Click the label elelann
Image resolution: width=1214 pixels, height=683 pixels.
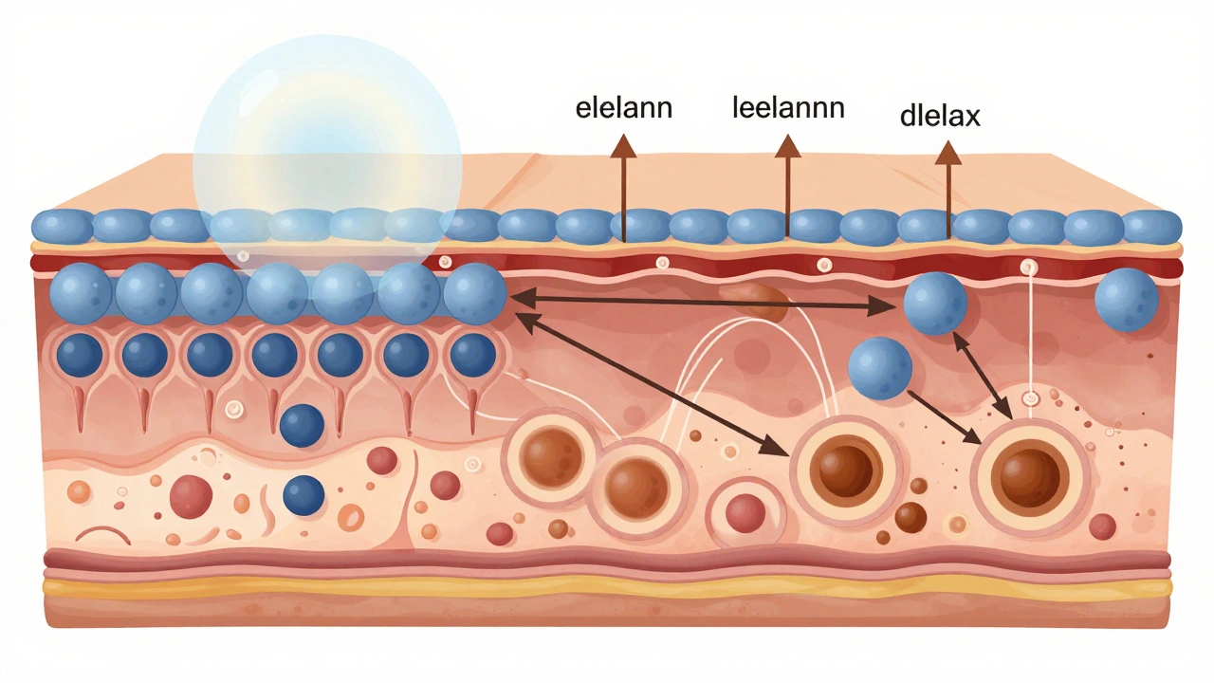[623, 107]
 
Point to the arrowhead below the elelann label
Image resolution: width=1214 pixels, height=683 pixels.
[623, 145]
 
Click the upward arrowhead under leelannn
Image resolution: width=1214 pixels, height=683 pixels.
[787, 145]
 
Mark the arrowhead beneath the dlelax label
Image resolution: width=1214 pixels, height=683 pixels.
[947, 154]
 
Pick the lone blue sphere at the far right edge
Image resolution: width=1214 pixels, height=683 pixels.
[1126, 300]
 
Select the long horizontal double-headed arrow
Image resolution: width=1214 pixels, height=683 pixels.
[702, 303]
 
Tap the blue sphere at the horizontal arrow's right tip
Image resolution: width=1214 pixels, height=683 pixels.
[934, 304]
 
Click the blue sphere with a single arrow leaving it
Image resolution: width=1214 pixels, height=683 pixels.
[879, 368]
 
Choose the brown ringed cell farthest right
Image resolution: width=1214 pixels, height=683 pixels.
[1028, 471]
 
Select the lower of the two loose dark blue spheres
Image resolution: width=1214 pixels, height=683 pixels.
[303, 495]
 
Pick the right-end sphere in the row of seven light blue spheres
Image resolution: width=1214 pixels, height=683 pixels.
[474, 293]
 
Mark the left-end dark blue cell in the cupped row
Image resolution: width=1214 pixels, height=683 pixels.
[80, 356]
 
